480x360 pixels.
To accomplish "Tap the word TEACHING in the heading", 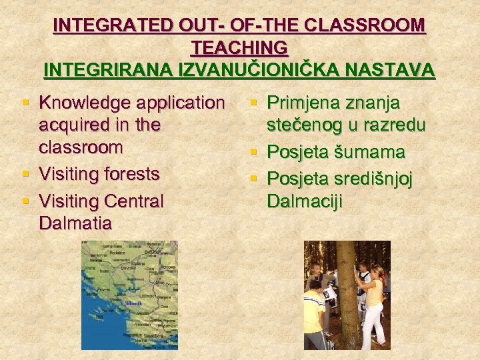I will (239, 47).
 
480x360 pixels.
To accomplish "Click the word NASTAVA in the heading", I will (396, 69).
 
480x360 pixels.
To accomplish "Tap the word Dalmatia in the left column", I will (75, 222).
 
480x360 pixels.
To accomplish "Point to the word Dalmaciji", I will (305, 200).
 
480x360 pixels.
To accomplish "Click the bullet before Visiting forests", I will (26, 175).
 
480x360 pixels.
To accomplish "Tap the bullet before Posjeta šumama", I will (254, 152).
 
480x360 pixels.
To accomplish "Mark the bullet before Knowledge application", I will (26, 103).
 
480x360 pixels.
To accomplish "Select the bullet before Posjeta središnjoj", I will (254, 177).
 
